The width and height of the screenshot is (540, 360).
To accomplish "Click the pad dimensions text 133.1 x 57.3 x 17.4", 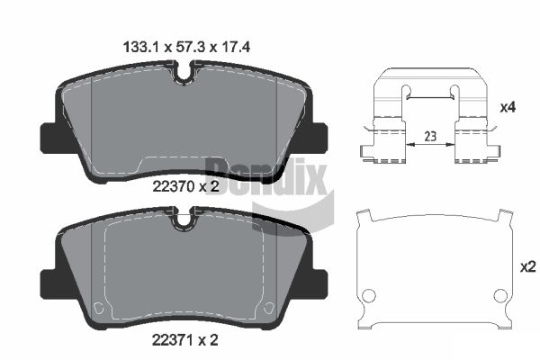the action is point(186,47).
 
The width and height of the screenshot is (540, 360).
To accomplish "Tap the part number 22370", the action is point(174,187).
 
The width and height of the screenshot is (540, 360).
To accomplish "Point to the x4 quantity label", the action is point(508,108).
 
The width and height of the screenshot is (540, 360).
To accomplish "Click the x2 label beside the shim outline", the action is point(528,266).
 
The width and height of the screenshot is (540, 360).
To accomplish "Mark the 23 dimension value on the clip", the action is point(430,137).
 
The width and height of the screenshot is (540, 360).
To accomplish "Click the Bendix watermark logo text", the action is point(265,175).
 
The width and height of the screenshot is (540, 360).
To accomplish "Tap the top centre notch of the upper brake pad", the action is point(184,75).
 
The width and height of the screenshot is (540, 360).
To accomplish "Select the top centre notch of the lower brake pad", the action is point(184,220).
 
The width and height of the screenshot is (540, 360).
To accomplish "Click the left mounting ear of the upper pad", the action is point(49,138).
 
